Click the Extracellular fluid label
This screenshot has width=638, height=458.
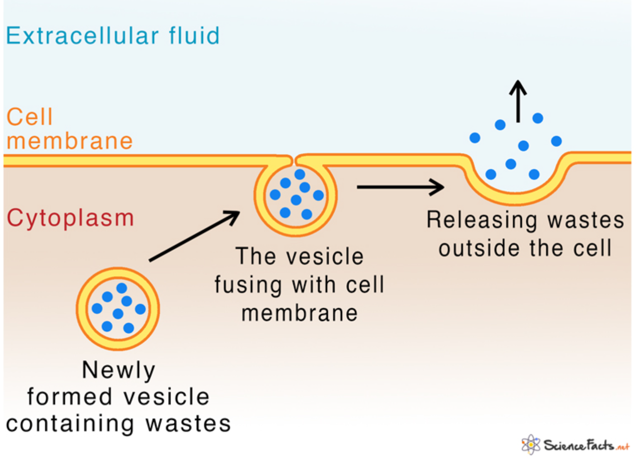pos(112,36)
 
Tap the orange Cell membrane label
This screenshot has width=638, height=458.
pos(69,129)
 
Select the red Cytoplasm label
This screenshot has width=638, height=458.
pos(71,218)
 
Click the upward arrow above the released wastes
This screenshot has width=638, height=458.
pos(518,101)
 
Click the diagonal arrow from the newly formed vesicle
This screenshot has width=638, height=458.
pos(194,236)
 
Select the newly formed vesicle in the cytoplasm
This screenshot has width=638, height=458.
pos(118,309)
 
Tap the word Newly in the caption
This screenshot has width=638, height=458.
pos(119,370)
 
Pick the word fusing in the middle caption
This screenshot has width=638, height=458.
pos(248,285)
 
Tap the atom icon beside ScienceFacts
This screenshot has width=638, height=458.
pos(531,445)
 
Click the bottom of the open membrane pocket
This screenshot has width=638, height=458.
pos(516,198)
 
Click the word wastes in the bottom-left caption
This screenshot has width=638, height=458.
pos(188,424)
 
